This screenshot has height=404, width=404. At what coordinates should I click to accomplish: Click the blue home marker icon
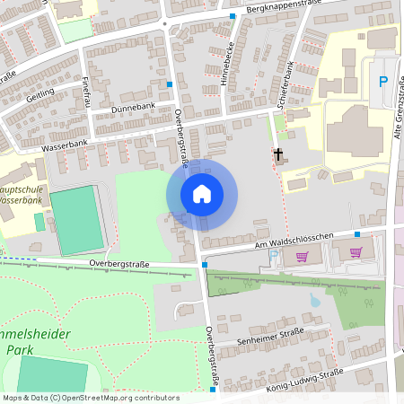[x=202, y=194]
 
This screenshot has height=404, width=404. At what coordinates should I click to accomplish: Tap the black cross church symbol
[x=278, y=155]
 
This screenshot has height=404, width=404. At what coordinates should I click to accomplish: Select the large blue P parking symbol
[x=383, y=82]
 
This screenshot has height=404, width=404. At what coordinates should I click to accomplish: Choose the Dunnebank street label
[x=133, y=107]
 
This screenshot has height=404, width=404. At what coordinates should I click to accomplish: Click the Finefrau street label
[x=87, y=91]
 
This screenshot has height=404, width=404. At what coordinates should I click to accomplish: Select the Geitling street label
[x=41, y=95]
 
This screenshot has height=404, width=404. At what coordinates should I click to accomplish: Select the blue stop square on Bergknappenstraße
[x=233, y=16]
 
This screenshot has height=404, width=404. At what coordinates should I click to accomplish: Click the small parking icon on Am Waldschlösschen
[x=274, y=256]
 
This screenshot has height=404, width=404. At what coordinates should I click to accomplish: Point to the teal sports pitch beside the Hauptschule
[x=77, y=220]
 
